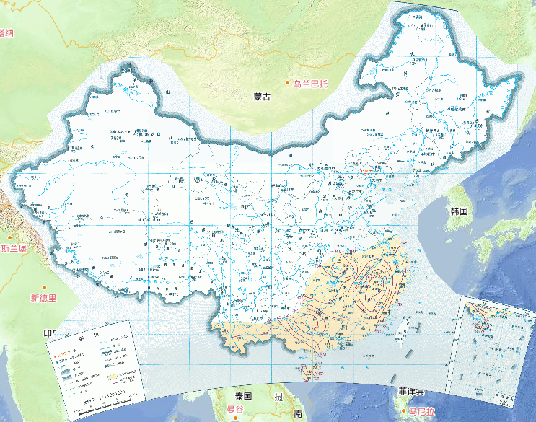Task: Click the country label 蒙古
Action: pyautogui.click(x=261, y=97)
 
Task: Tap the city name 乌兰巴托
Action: pyautogui.click(x=310, y=84)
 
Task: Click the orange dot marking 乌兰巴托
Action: pyautogui.click(x=287, y=84)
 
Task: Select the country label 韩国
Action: pyautogui.click(x=459, y=211)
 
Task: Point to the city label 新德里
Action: pyautogui.click(x=43, y=298)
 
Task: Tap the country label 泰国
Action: pyautogui.click(x=242, y=397)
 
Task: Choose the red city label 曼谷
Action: pyautogui.click(x=236, y=410)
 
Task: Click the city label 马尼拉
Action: pyautogui.click(x=419, y=412)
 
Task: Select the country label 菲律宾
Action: pyautogui.click(x=410, y=392)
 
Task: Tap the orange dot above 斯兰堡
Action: pyautogui.click(x=10, y=236)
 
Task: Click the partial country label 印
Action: pyautogui.click(x=48, y=333)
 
